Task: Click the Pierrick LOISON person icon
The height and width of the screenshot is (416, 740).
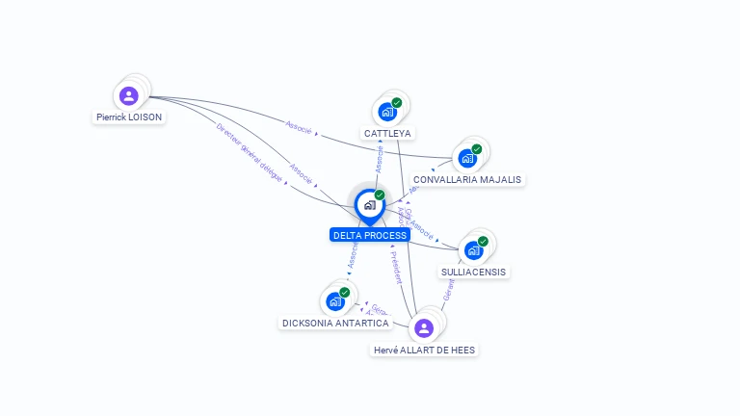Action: click(129, 95)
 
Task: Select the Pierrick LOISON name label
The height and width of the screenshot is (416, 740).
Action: click(129, 117)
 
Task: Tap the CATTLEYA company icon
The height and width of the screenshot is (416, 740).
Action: click(387, 111)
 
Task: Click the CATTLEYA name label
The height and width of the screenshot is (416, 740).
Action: click(387, 133)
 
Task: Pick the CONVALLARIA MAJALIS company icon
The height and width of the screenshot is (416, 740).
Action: click(467, 158)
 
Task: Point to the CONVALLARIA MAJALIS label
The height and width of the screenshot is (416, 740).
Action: click(467, 180)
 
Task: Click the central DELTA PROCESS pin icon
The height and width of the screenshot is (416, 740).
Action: click(369, 205)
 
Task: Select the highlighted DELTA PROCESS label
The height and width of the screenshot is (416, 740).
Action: click(370, 235)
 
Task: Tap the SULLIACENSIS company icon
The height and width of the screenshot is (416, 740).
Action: click(473, 250)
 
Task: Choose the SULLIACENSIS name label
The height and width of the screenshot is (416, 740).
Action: click(473, 272)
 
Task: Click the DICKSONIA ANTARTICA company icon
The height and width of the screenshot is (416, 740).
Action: click(335, 301)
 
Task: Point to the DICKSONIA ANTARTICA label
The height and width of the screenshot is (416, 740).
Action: click(335, 324)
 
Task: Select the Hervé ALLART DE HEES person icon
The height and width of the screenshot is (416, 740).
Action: click(424, 328)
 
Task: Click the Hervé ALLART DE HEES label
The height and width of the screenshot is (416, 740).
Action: click(424, 351)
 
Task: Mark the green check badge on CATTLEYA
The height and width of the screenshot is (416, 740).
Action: click(397, 102)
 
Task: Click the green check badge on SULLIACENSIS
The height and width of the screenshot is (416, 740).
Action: click(483, 242)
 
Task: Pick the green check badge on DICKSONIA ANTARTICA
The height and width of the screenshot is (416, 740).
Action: click(345, 293)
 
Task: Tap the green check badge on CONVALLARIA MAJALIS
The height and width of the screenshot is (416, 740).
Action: click(477, 149)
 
